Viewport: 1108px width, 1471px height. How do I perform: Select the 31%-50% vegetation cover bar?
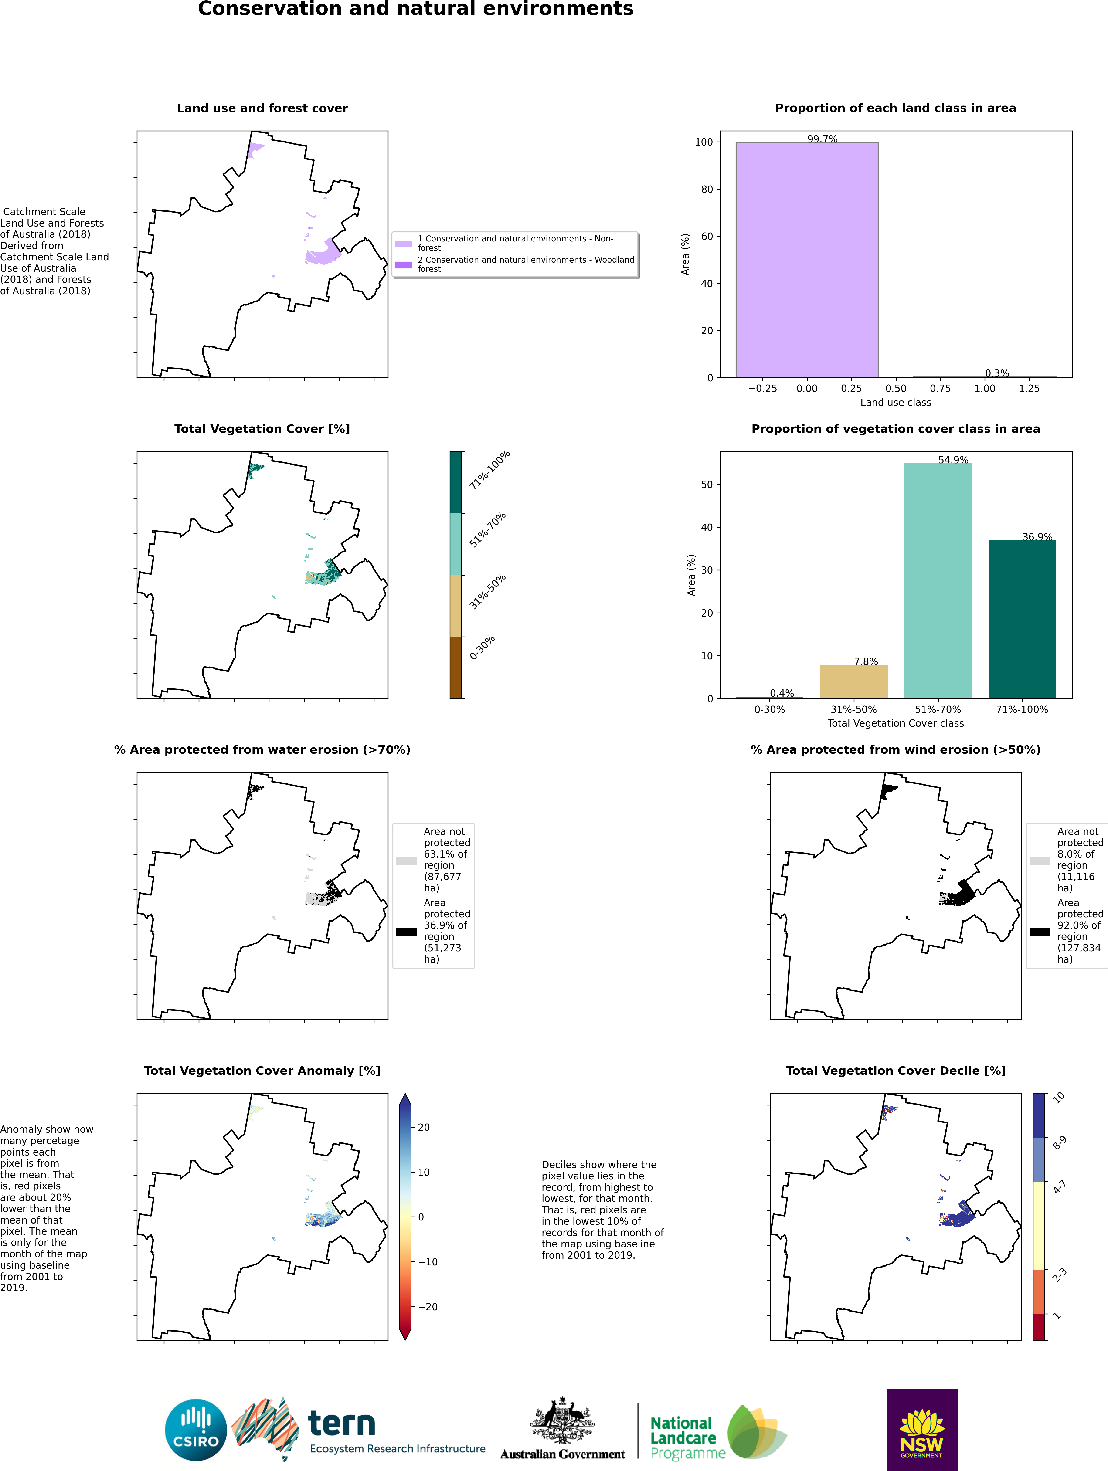coord(853,682)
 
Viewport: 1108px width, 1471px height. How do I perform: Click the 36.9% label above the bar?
coord(1037,537)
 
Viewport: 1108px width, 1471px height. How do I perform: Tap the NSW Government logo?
coord(922,1430)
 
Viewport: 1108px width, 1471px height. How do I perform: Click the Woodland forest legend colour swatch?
coord(403,265)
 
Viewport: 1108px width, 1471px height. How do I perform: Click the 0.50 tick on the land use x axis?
coord(896,388)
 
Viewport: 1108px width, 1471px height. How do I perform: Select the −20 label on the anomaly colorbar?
coord(428,1307)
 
